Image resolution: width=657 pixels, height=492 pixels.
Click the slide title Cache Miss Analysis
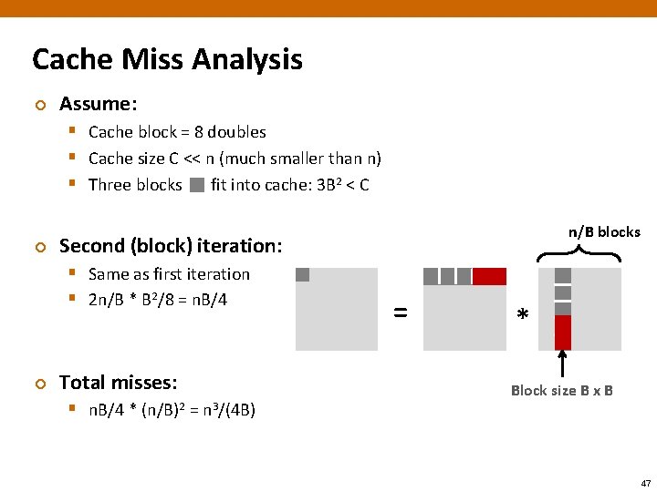tap(167, 60)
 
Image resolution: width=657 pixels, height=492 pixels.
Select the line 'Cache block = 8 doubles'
tap(177, 132)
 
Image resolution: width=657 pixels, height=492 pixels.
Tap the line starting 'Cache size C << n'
tap(235, 159)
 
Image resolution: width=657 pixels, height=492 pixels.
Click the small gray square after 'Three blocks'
tap(197, 186)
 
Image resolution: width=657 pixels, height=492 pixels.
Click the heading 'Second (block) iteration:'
tap(171, 246)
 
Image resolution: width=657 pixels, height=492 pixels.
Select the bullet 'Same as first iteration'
tap(169, 274)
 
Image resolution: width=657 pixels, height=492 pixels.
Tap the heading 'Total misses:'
tap(118, 383)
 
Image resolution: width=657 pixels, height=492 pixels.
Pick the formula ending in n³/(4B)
tap(172, 410)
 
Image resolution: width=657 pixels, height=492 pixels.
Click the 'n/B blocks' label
tap(604, 232)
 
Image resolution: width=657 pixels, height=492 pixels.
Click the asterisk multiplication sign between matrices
tap(522, 315)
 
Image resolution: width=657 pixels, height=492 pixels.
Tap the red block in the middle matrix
tap(489, 276)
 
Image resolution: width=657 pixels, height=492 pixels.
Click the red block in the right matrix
tap(563, 333)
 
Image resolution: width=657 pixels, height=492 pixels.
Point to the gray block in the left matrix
tap(303, 274)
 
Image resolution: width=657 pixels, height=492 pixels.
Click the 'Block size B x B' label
tap(561, 391)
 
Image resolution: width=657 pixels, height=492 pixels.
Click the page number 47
tap(645, 483)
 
